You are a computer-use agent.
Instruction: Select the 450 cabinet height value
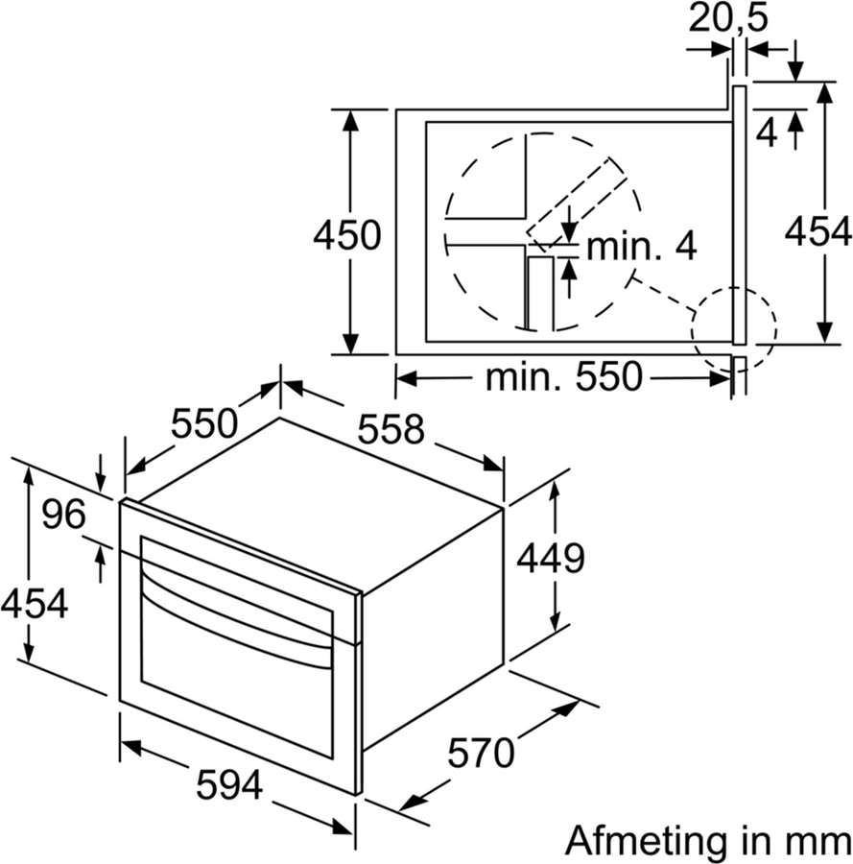pos(347,233)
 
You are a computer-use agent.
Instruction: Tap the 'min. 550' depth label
pos(563,377)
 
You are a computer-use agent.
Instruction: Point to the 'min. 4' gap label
pos(641,246)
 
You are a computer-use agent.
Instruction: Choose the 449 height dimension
pos(551,557)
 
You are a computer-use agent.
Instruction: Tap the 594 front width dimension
pos(229,786)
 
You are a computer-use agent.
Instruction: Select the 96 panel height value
pos(64,516)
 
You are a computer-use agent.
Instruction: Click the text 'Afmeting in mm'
pos(707,840)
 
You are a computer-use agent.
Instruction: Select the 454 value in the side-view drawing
pos(817,231)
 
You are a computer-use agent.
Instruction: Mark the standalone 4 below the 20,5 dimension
pos(766,132)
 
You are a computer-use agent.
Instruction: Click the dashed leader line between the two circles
pos(663,295)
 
